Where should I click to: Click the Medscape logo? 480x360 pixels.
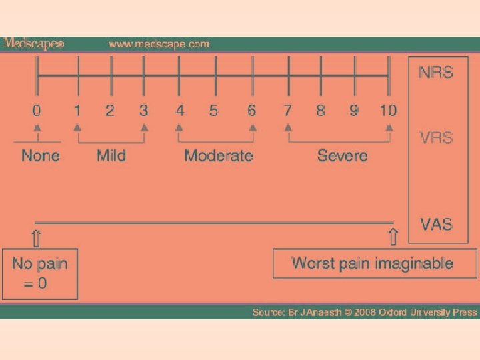coord(33,44)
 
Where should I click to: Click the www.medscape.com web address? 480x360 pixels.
coord(159,45)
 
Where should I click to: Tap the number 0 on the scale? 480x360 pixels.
coord(37,110)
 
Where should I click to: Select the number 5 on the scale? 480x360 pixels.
coord(213,110)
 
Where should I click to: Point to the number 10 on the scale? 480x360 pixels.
coord(388,110)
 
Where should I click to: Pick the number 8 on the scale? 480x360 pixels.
coord(321,110)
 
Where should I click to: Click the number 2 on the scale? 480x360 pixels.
coord(110,110)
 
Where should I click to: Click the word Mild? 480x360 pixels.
coord(111,156)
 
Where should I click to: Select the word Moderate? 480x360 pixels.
coord(219,156)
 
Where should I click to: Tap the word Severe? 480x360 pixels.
coord(342,156)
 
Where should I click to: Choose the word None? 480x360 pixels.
coord(40,156)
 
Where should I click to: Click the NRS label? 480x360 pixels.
coord(436,72)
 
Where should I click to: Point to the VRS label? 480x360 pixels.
coord(436,138)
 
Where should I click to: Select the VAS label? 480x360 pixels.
coord(436,224)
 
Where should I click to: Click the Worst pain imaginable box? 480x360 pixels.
coord(373,263)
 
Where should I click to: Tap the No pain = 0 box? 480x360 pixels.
coord(39,273)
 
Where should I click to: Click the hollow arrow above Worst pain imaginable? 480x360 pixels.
coord(393,237)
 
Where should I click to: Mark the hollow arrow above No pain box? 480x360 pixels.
coord(36,237)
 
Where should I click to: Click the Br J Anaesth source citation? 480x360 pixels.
coord(364,312)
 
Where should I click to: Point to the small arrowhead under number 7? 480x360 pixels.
coord(288,127)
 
